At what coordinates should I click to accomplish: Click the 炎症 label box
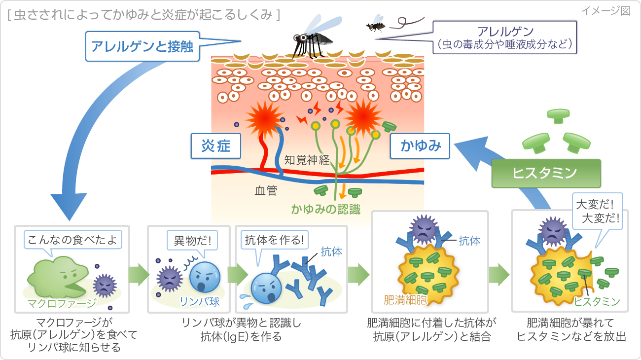pos(216,146)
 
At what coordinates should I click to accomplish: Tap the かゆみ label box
pos(420,146)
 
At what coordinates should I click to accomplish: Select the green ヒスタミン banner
pos(546,173)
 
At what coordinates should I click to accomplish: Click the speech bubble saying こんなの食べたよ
pos(72,240)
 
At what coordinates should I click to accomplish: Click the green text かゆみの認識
pos(326,210)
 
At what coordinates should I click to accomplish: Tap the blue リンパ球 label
pos(200,301)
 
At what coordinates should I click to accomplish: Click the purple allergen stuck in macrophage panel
pos(105,285)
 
